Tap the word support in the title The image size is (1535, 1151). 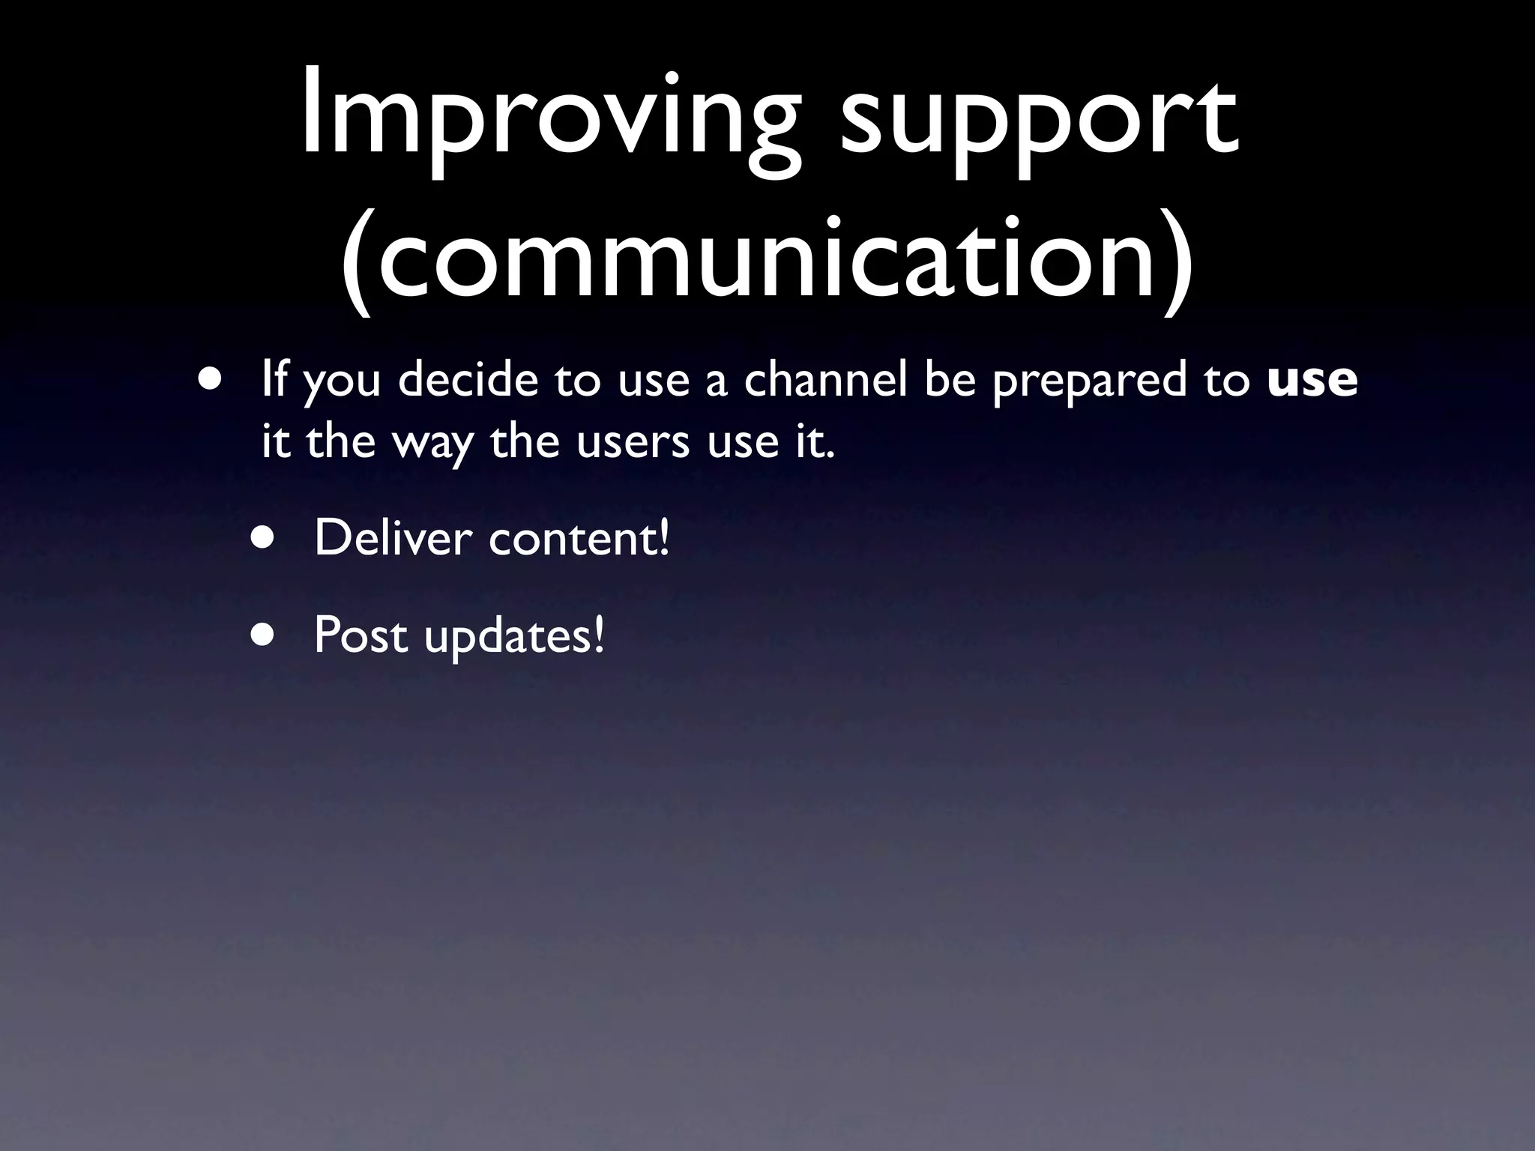[x=1037, y=124]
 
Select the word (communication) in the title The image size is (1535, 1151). [x=767, y=259]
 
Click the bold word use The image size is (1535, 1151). [x=1312, y=380]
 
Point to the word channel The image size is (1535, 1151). [x=825, y=380]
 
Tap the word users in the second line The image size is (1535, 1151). [x=633, y=442]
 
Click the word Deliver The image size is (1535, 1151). [x=393, y=538]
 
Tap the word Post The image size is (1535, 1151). [x=361, y=635]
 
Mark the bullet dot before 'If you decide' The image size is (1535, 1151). [x=210, y=378]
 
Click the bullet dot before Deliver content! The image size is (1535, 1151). [x=263, y=538]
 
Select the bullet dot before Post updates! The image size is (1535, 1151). [x=263, y=635]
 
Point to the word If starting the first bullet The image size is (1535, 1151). [x=274, y=380]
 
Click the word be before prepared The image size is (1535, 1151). [x=950, y=380]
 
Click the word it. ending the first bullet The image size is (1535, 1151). [x=814, y=442]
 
